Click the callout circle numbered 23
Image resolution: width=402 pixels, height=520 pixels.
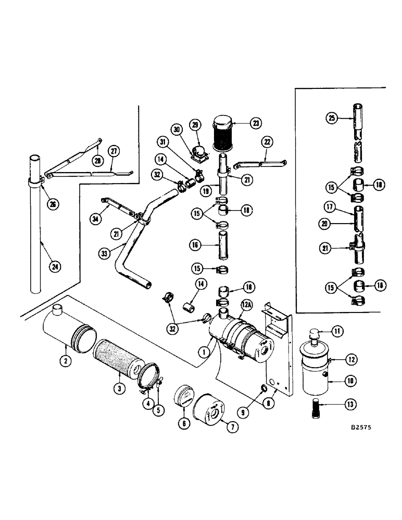(x=256, y=123)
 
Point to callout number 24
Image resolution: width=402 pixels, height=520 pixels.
(x=54, y=267)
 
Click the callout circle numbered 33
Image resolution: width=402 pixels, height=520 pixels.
(x=104, y=254)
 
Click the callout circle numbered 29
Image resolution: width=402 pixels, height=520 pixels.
(x=196, y=125)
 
